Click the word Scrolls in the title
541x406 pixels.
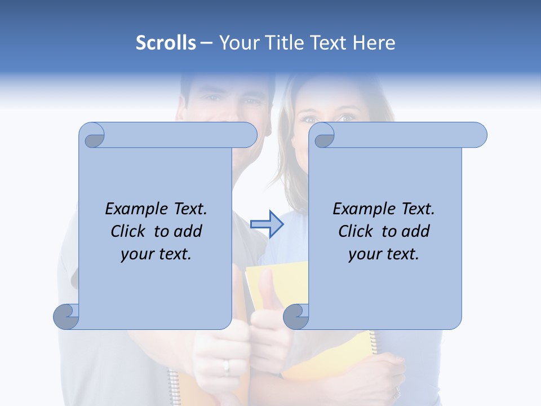point(166,43)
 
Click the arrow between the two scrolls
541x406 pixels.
point(267,224)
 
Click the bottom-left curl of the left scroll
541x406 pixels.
point(66,316)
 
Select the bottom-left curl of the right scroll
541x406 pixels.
point(295,316)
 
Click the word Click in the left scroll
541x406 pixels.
point(130,231)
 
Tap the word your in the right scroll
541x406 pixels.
point(365,254)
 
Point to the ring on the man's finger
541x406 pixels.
point(227,367)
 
